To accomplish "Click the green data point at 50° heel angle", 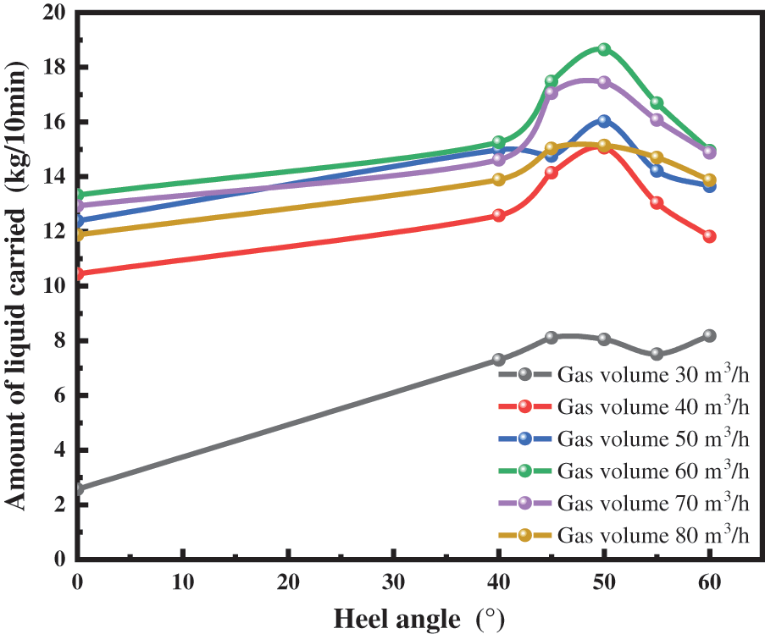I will click(x=604, y=49).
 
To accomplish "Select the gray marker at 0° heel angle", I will click(x=79, y=488).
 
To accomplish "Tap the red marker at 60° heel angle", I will click(x=709, y=236).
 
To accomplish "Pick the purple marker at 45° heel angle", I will click(x=552, y=92).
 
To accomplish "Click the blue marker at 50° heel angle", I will click(x=604, y=121).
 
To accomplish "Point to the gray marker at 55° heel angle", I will click(x=657, y=354).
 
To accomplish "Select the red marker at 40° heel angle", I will click(x=499, y=215).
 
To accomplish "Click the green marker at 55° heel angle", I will click(x=657, y=102).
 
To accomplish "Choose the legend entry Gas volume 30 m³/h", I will click(x=653, y=374).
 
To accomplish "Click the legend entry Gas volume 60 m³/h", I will click(x=653, y=471).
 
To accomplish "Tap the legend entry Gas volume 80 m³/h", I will click(x=653, y=535).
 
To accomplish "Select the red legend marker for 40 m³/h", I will click(x=525, y=406).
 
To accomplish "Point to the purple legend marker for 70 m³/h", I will click(x=525, y=503).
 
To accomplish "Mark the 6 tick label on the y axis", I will click(x=59, y=395).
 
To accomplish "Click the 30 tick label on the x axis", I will click(x=394, y=582).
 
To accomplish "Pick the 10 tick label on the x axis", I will click(x=183, y=582).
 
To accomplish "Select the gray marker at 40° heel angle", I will click(x=499, y=360).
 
